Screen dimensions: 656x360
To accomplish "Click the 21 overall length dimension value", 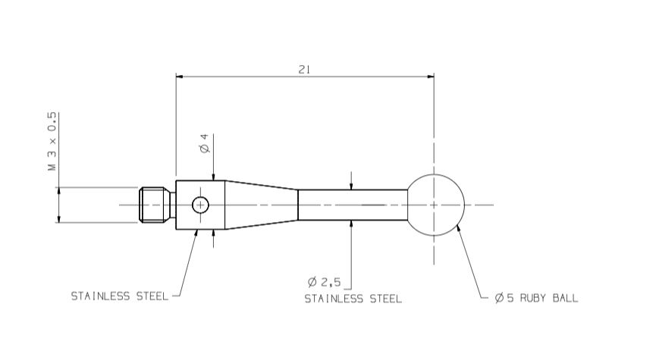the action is click(304, 70).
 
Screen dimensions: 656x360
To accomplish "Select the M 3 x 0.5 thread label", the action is click(52, 141).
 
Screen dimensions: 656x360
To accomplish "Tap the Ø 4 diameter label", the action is click(204, 143).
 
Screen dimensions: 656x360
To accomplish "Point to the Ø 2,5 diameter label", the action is click(325, 282).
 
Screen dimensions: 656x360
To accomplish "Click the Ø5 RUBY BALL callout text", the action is click(536, 298).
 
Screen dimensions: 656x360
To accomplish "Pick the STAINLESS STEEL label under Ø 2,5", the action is click(353, 299).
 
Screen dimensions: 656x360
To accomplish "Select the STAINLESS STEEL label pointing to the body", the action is click(120, 296).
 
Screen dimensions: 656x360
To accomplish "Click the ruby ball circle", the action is click(463, 205).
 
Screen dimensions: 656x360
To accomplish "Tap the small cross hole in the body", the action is click(200, 205).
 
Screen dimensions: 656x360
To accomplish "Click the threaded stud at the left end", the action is click(155, 205).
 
